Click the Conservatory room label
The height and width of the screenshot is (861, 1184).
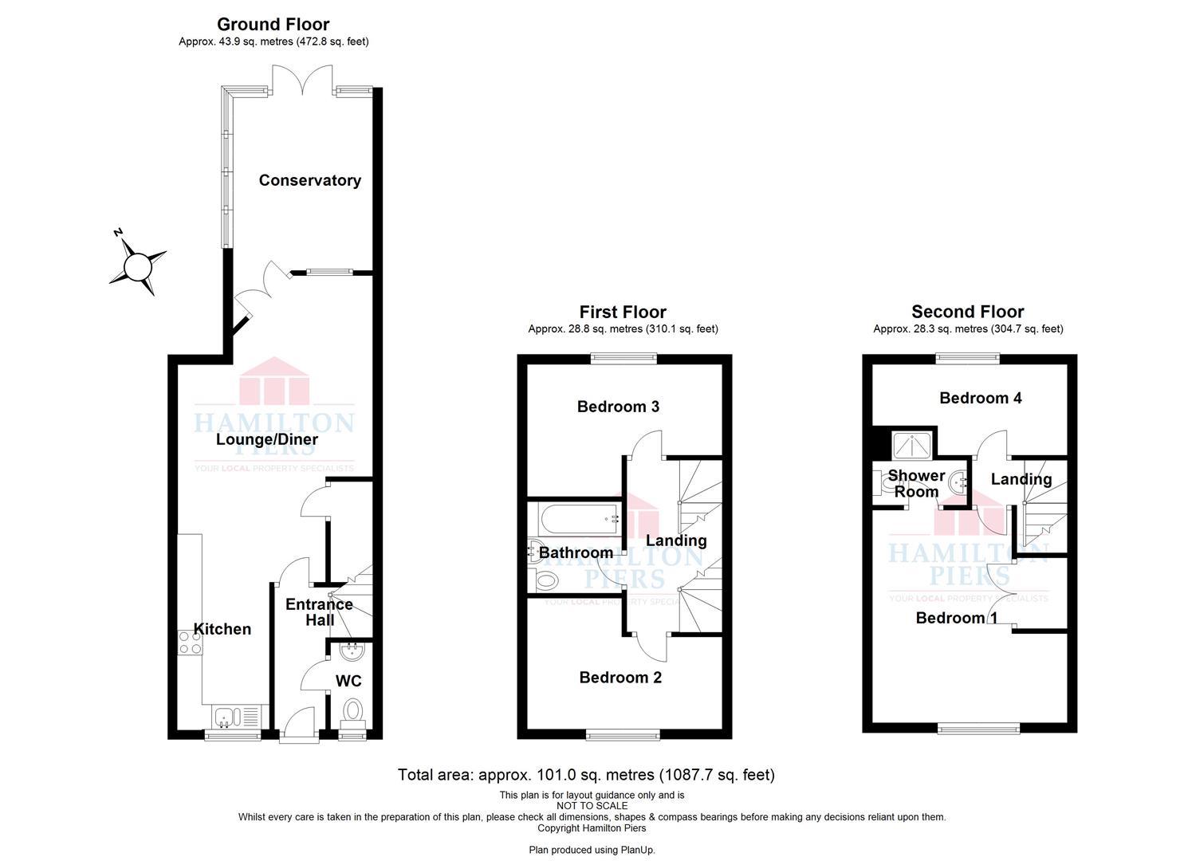click(309, 180)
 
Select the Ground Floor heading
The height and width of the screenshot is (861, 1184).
click(273, 24)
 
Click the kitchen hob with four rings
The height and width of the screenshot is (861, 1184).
click(190, 643)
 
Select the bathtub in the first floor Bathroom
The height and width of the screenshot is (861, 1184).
click(579, 518)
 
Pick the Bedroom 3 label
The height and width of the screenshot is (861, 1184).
click(618, 407)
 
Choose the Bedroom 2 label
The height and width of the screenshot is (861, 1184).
click(620, 678)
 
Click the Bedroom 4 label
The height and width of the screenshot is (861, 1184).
click(981, 398)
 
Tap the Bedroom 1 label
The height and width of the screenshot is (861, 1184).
click(956, 618)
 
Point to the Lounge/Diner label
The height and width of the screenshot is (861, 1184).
click(267, 439)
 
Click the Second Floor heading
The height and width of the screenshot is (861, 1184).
click(967, 311)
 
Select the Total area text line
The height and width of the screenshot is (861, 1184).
click(586, 775)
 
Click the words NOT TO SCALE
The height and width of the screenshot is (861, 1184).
click(592, 806)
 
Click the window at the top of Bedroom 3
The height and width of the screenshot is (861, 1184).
click(623, 359)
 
